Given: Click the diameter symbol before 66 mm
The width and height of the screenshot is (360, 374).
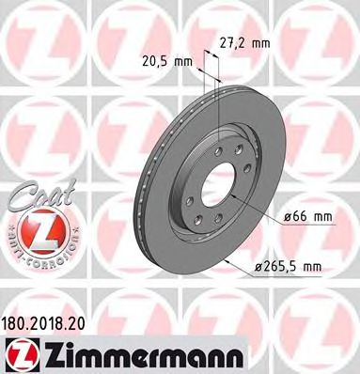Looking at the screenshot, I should point(286,217).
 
